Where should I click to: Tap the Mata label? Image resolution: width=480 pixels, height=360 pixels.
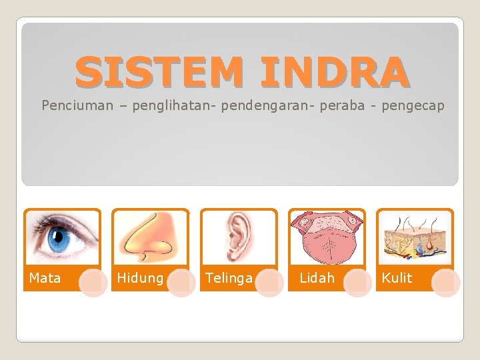45,278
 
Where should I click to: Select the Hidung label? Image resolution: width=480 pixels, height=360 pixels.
141,278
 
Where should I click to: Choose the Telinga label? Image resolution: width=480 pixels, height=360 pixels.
229,278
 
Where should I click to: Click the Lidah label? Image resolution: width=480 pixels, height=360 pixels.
317,278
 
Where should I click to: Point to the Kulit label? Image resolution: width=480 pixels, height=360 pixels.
397,278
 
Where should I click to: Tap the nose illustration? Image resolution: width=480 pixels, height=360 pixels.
151,237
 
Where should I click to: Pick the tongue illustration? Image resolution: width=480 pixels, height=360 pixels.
327,237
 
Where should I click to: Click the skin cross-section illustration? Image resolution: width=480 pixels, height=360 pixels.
415,237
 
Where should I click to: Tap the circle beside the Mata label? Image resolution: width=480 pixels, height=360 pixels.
93,283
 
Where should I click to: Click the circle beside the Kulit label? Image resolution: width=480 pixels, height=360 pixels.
445,283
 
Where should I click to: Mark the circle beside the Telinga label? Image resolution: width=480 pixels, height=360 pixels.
269,283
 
